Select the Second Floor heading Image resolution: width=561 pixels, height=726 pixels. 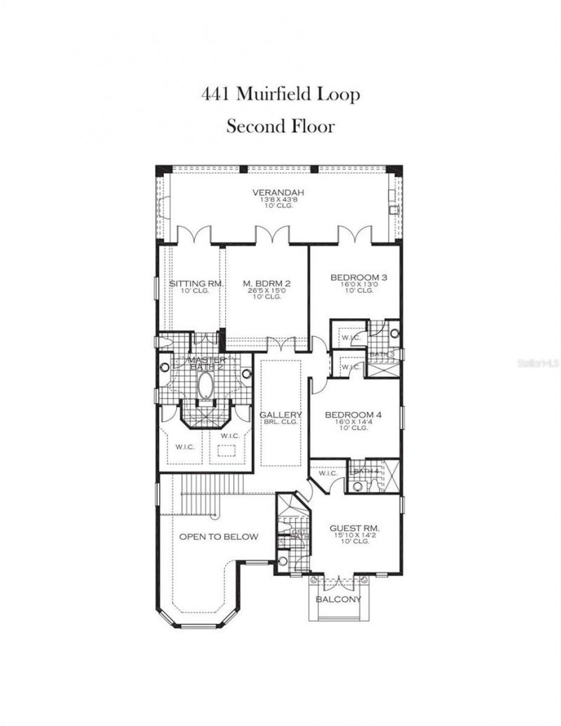click(x=280, y=126)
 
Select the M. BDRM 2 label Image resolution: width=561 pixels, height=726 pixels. click(x=266, y=284)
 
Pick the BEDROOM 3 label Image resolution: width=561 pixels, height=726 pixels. click(x=358, y=278)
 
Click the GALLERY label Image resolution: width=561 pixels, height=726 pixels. click(x=280, y=415)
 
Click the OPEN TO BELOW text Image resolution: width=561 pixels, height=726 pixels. click(x=218, y=537)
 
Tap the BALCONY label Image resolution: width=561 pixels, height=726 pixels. click(x=339, y=600)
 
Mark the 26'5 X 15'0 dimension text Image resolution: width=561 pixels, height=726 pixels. click(x=266, y=291)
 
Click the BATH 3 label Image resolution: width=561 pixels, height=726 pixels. click(x=382, y=355)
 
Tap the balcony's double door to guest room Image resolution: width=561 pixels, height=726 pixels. click(x=339, y=580)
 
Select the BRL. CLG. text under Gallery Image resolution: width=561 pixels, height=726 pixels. click(x=280, y=422)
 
